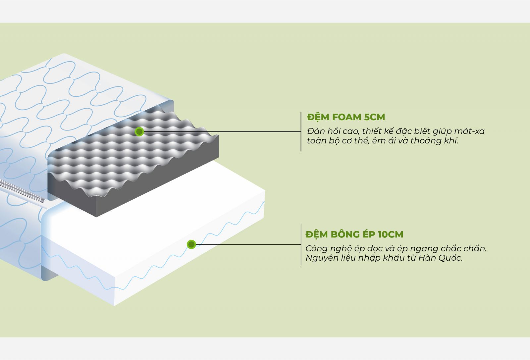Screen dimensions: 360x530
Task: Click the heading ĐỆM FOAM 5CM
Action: point(346,117)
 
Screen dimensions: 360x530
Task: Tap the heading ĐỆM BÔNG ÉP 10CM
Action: point(354,234)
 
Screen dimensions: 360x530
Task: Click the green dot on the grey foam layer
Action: point(139,132)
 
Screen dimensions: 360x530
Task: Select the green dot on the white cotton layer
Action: point(191,245)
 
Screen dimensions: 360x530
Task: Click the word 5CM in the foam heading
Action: point(374,117)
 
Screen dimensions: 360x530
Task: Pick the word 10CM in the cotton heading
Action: point(391,234)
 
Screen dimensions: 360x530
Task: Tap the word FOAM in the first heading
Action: point(346,117)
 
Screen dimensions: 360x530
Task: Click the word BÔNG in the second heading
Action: point(344,234)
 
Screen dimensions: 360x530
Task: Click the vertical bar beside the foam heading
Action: point(301,132)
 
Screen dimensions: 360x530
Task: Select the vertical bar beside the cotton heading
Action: point(301,245)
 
